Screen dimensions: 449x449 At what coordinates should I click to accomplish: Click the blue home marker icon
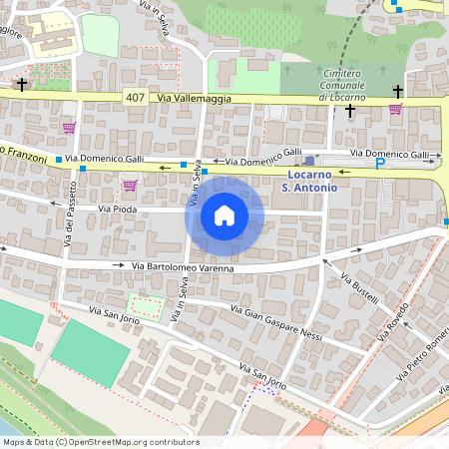click(224, 216)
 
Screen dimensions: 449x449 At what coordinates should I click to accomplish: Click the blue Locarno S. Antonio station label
click(310, 180)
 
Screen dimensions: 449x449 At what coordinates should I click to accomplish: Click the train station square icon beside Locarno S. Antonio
click(309, 160)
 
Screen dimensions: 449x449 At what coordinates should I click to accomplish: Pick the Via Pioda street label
click(117, 208)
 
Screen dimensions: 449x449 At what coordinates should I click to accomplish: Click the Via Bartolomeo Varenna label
click(183, 267)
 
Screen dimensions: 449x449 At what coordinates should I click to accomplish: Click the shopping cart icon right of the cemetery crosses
click(396, 109)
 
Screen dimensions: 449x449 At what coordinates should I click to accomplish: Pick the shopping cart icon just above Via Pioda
click(129, 185)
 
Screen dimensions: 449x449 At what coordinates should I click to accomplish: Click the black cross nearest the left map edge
click(22, 86)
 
